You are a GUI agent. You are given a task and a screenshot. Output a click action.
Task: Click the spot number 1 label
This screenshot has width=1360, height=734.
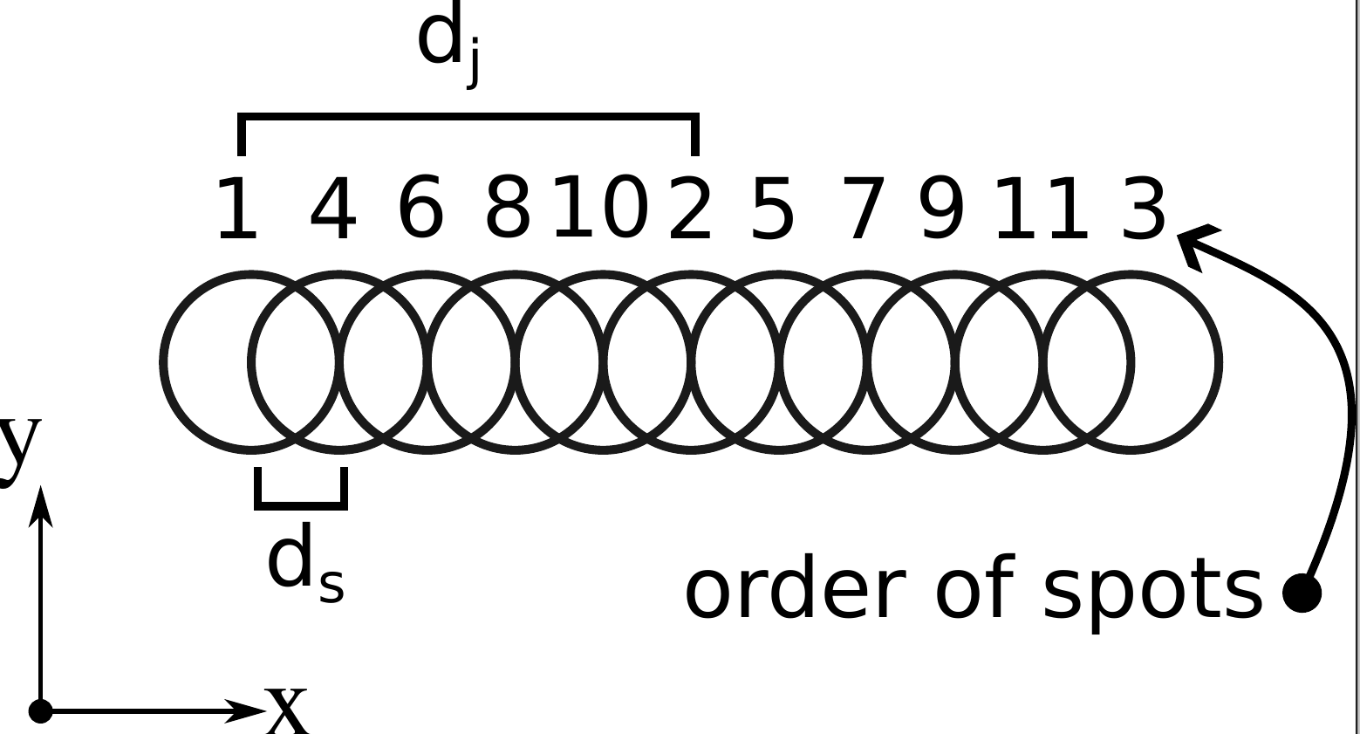coord(237,209)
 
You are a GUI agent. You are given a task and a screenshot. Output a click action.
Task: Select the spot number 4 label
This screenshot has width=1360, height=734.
coord(333,209)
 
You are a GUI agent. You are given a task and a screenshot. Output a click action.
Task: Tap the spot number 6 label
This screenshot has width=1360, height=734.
coord(421,208)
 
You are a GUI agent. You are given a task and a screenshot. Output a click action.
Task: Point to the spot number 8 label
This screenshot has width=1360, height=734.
coord(508,208)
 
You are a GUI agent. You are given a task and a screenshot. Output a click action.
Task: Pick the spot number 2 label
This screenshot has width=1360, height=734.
coord(690,209)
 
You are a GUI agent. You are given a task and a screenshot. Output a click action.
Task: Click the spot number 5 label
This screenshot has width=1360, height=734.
coord(773,209)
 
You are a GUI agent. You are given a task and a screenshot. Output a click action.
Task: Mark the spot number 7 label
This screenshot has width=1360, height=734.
coord(864,209)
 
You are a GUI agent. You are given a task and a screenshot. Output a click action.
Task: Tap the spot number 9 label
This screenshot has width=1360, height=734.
coord(942,208)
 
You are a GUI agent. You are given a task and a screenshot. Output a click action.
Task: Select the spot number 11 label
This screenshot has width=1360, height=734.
coord(1042,209)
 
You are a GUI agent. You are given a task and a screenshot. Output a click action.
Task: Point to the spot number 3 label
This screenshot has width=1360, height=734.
coord(1144,209)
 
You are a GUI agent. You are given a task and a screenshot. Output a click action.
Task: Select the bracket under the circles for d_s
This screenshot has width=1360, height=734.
coord(301,502)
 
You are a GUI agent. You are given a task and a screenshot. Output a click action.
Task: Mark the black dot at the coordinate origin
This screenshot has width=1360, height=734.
coord(40,711)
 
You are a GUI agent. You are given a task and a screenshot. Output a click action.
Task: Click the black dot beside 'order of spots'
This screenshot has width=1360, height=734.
coord(1302,593)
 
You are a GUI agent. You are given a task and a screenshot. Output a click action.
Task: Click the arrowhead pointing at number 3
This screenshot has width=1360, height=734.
coord(1195,242)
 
